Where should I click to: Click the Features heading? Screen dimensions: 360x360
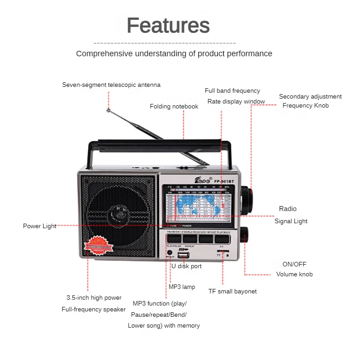(168, 26)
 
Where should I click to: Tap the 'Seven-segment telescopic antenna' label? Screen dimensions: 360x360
(111, 85)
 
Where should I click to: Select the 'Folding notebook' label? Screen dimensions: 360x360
(174, 107)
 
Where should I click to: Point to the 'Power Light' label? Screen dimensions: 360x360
(40, 226)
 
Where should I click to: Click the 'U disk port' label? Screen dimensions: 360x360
(186, 266)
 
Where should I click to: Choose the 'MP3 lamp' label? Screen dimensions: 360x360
(182, 287)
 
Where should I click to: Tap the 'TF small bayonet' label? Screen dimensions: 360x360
(232, 292)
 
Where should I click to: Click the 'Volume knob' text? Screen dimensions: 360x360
(294, 274)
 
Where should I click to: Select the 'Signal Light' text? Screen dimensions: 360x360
(291, 221)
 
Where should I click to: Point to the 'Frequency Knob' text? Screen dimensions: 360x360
(306, 106)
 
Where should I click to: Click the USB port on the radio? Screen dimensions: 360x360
(184, 256)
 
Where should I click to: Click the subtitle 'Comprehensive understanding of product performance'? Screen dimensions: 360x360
(174, 54)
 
